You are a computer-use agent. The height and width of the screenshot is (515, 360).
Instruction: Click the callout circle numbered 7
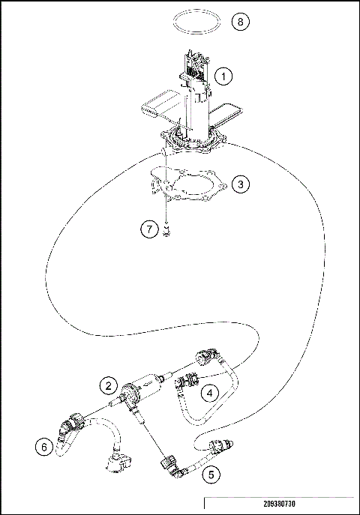pyautogui.click(x=148, y=229)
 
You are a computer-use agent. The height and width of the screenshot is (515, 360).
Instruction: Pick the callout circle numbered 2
pyautogui.click(x=109, y=385)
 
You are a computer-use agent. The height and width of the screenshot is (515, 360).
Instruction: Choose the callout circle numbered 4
pyautogui.click(x=211, y=391)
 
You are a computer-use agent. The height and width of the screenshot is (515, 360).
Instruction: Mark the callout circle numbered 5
pyautogui.click(x=211, y=473)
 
